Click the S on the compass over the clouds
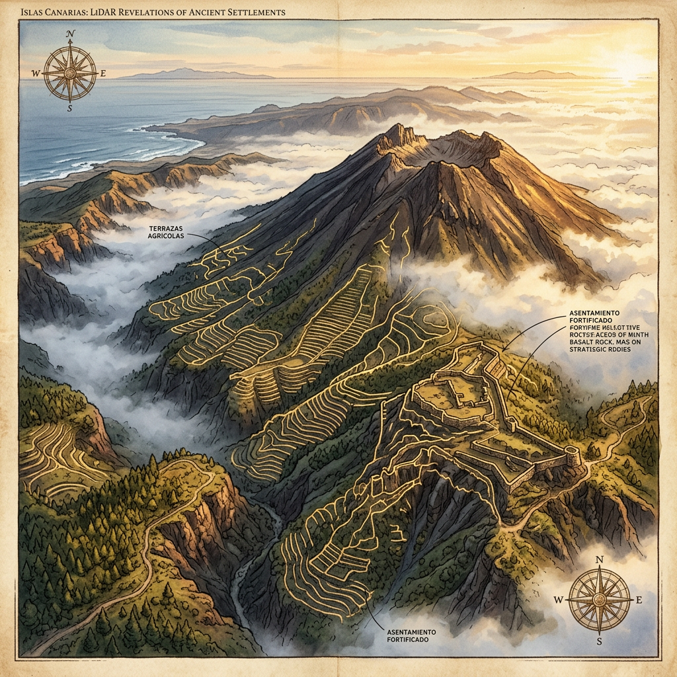(600, 641)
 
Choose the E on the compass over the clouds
(639, 600)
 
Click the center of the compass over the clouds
(600, 600)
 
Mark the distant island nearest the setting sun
(536, 74)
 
